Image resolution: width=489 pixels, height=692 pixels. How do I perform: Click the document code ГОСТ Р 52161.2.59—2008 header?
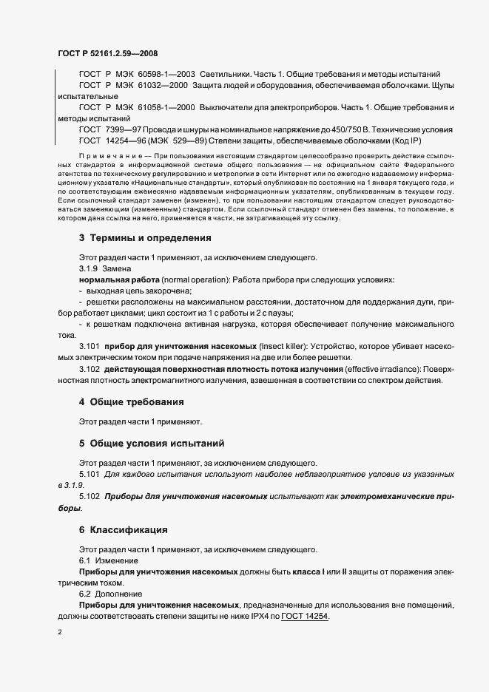[x=107, y=53]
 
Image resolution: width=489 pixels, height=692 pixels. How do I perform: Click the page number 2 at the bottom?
[x=59, y=633]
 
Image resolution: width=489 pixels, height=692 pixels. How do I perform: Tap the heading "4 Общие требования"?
[x=131, y=401]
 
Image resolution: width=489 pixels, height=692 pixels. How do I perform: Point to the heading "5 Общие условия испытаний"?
[x=151, y=444]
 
